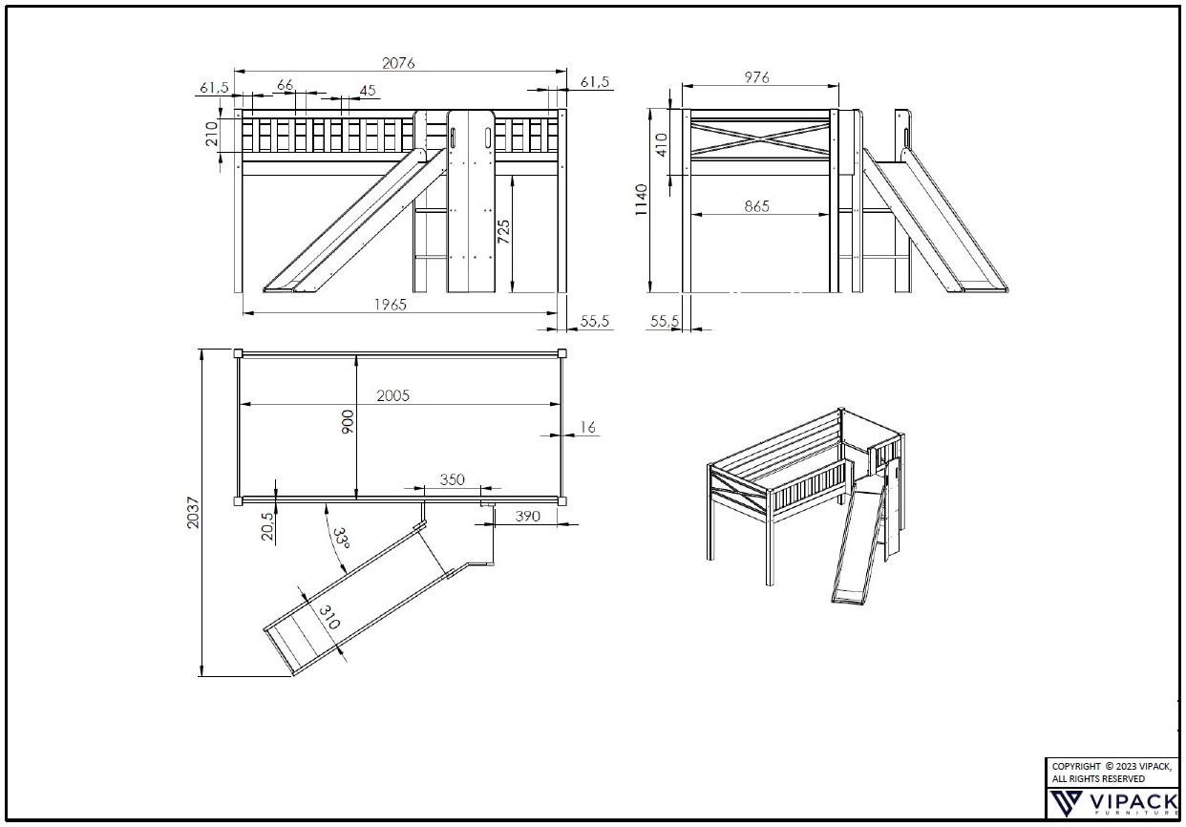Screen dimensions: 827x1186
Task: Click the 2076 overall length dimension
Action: (399, 63)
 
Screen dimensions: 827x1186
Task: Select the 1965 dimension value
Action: (390, 305)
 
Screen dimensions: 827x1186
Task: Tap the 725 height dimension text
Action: (503, 233)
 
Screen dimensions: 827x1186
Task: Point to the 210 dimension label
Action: (212, 134)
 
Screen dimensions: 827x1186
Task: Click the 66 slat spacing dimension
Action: (286, 85)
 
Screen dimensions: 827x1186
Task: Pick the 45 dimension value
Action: (367, 92)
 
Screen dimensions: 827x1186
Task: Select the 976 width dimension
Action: (755, 77)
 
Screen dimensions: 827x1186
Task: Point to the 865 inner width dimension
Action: (756, 205)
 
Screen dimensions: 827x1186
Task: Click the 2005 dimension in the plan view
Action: (392, 395)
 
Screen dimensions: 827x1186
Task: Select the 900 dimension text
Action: (348, 421)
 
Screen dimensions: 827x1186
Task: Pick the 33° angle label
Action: (340, 538)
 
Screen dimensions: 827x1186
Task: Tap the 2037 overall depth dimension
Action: (195, 516)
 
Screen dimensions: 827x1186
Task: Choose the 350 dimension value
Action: (453, 478)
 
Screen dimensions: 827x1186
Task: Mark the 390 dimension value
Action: (527, 516)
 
